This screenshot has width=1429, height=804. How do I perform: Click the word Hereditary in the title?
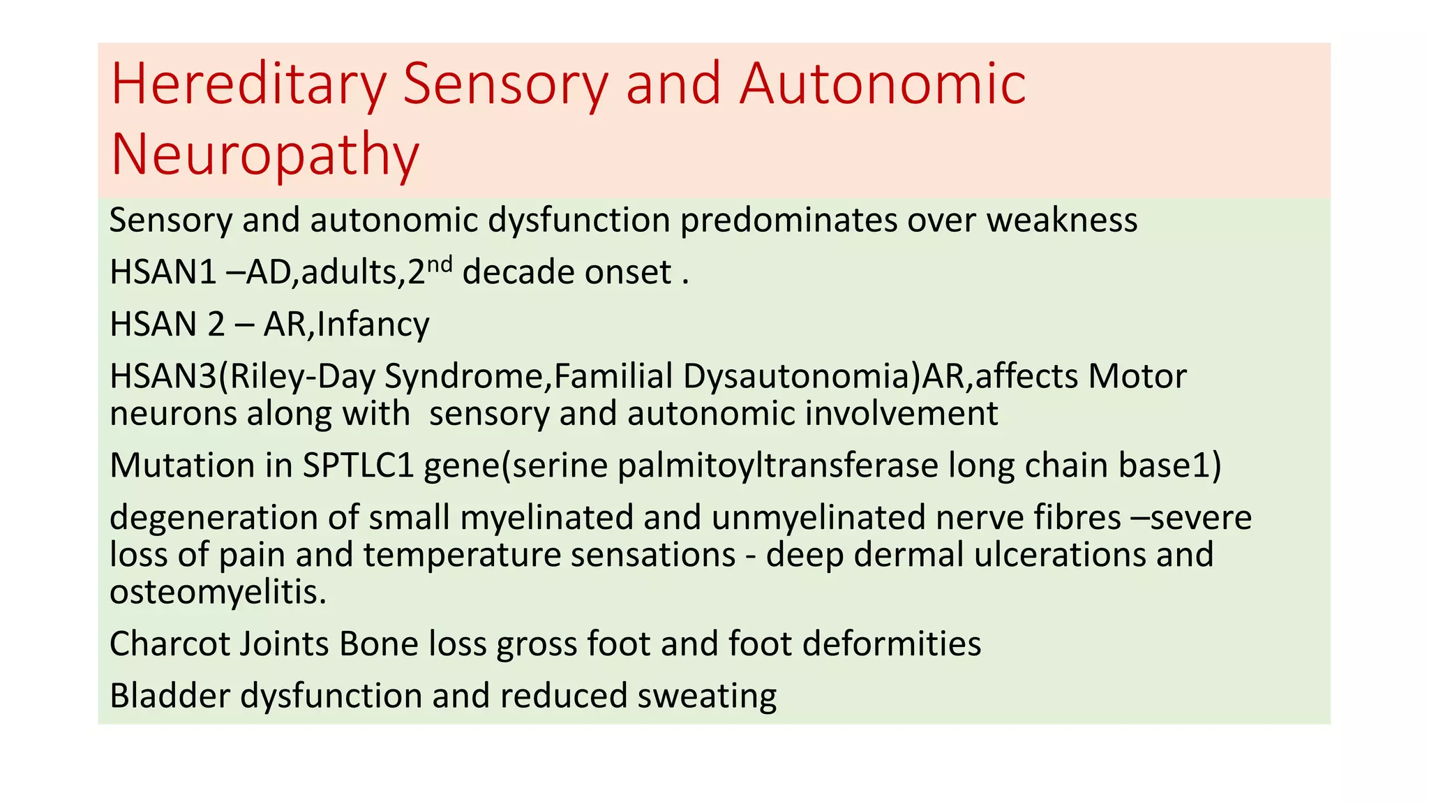248,85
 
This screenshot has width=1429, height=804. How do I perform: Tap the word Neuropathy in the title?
264,155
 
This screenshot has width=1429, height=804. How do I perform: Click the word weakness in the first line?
1061,221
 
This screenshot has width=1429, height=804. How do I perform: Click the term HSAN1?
163,272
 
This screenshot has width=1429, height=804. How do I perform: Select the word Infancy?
373,325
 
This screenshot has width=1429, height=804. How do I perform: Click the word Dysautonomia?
802,377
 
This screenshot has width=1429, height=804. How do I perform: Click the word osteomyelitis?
218,593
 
